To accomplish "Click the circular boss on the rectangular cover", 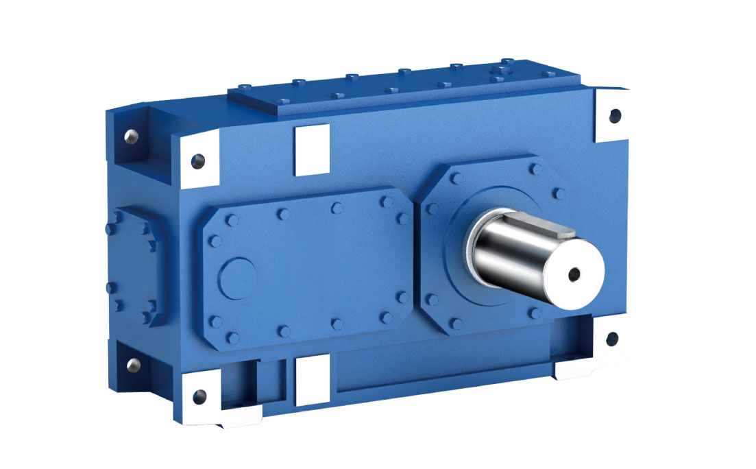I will tap(237, 276).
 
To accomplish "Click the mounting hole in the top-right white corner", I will tap(614, 115).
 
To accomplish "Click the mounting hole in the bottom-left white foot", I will tap(199, 396).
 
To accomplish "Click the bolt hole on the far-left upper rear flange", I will tap(127, 137).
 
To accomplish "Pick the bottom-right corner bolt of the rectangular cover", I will tap(387, 318).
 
